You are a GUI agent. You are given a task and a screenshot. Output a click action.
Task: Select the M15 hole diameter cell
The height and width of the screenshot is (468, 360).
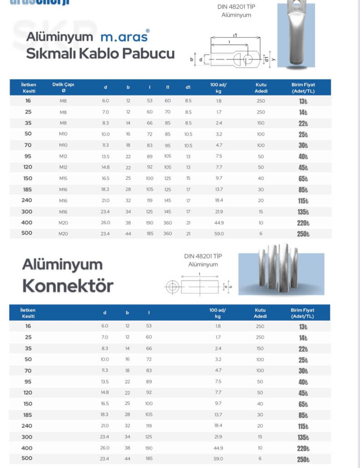[63, 179]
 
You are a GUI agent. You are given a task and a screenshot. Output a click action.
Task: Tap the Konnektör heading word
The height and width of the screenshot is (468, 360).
[68, 286]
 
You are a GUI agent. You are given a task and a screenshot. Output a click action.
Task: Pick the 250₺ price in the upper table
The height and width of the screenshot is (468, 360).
[303, 234]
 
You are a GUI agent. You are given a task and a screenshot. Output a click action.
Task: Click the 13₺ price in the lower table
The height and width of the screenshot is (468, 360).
[303, 326]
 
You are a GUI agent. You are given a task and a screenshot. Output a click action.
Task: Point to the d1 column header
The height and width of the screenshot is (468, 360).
[188, 88]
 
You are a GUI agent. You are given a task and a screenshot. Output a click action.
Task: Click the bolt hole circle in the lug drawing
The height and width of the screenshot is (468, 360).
[248, 60]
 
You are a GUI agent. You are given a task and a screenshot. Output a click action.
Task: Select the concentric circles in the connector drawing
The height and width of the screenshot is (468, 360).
[172, 287]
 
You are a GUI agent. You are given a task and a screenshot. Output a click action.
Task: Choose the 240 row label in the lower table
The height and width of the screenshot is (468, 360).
[27, 426]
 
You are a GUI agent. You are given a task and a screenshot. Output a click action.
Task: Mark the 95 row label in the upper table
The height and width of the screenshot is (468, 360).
[27, 156]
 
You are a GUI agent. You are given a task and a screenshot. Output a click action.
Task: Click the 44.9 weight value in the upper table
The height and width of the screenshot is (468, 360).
[218, 223]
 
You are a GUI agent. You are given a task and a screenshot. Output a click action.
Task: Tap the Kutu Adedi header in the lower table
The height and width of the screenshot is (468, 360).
[260, 313]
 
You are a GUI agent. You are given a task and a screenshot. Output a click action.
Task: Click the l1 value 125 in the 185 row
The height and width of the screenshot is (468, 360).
[168, 189]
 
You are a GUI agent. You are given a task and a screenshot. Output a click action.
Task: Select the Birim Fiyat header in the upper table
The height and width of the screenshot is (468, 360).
[303, 88]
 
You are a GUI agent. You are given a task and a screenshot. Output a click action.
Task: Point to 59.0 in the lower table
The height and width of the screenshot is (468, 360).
[218, 458]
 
